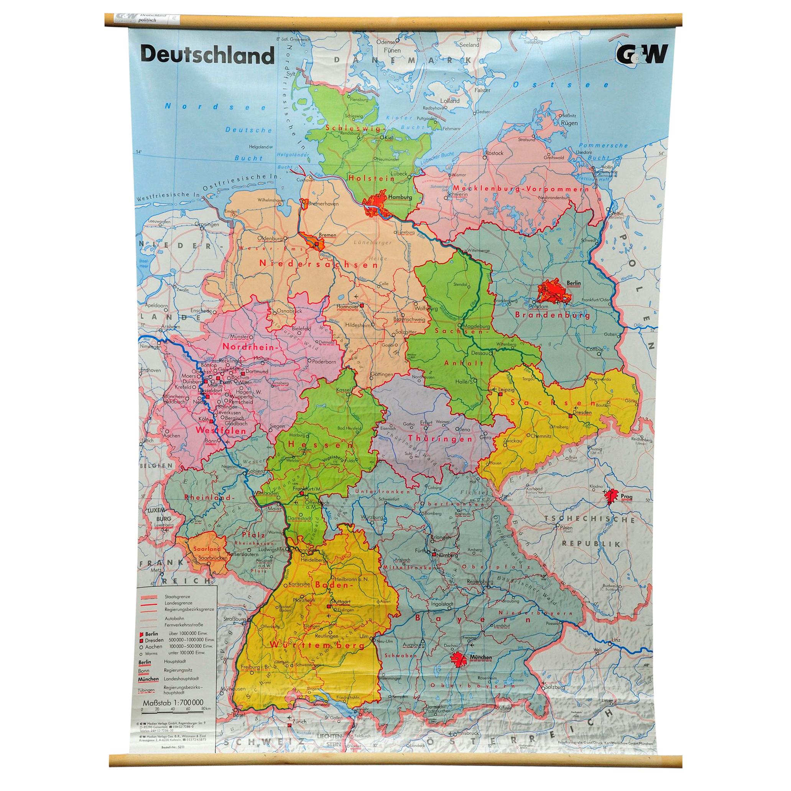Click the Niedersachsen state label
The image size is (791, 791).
(x=318, y=264)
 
